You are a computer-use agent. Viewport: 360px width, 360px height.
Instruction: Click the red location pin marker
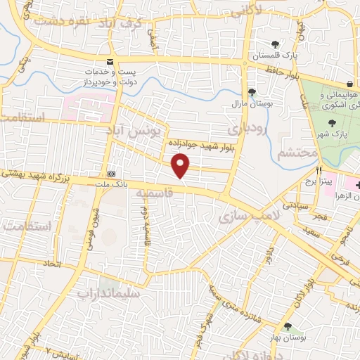pyautogui.click(x=181, y=166)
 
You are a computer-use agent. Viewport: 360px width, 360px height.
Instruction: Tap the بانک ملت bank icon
pyautogui.click(x=112, y=174)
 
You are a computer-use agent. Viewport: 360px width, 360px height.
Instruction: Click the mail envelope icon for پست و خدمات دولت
pyautogui.click(x=110, y=62)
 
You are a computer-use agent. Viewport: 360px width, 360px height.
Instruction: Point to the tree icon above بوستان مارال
pyautogui.click(x=252, y=92)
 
